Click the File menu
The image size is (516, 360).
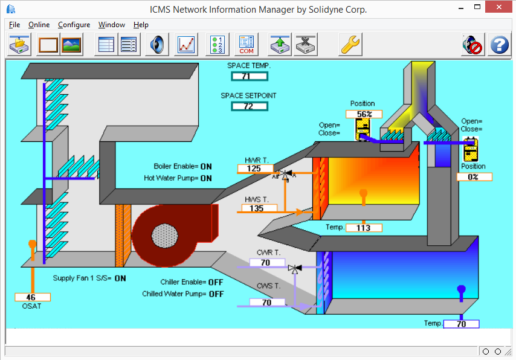[x=15, y=25]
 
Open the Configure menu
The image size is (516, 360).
[x=74, y=25]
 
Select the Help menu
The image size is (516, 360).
[x=141, y=25]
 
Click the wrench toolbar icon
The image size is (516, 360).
[x=350, y=45]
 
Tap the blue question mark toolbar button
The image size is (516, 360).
[x=499, y=45]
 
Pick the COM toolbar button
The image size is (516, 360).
[x=247, y=45]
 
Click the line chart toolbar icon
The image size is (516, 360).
[x=187, y=45]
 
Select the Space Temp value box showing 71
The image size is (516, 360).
[x=249, y=76]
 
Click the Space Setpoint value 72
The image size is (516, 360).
[x=249, y=106]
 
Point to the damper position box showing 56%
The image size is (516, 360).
[x=364, y=114]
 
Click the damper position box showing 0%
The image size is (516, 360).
[x=474, y=177]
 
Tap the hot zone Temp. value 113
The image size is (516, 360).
[x=364, y=228]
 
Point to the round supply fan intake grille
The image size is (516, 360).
[x=163, y=235]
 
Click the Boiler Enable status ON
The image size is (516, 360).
[x=206, y=166]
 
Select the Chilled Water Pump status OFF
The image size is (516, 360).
[x=216, y=294]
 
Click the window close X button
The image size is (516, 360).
[x=499, y=8]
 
